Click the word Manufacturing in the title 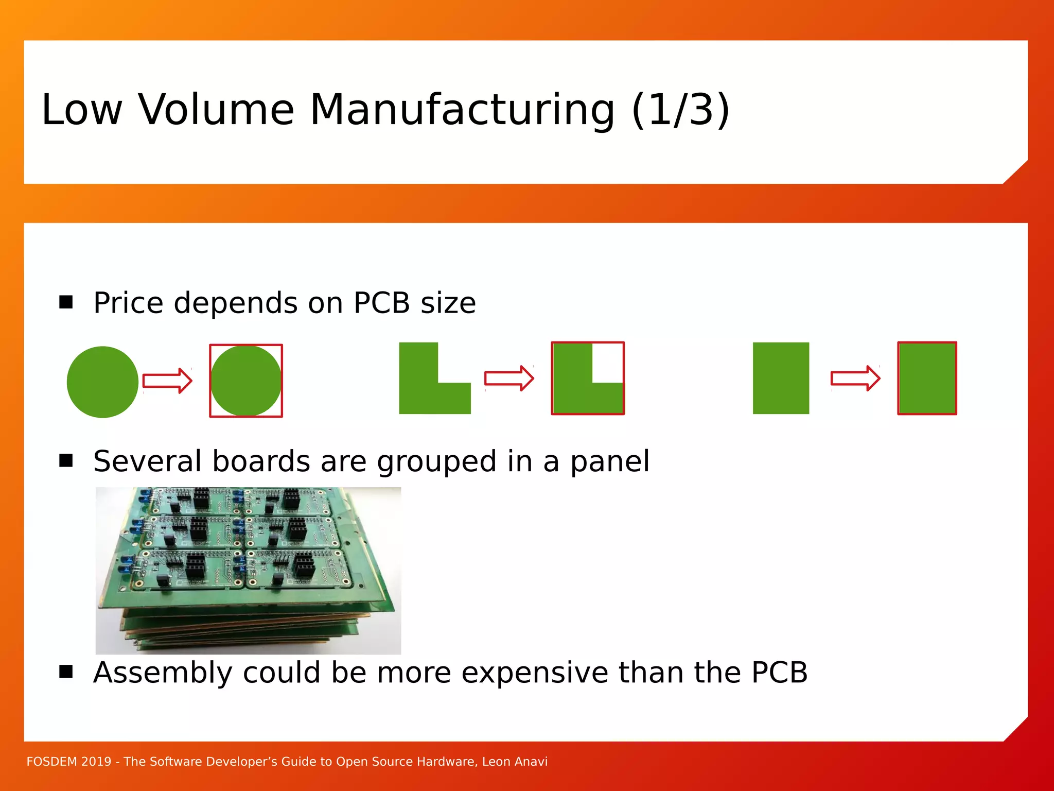coord(462,110)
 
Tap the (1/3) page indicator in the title coord(680,110)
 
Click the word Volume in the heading coord(216,110)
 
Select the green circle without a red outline coord(102,382)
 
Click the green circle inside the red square coord(246,381)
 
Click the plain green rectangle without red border coord(781,378)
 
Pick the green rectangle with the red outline coord(927,378)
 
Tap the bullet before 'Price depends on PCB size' coord(66,302)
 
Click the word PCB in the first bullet coord(381,303)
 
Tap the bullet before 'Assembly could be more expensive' coord(66,672)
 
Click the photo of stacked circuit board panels coord(248,570)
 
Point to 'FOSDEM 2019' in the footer coord(68,762)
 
